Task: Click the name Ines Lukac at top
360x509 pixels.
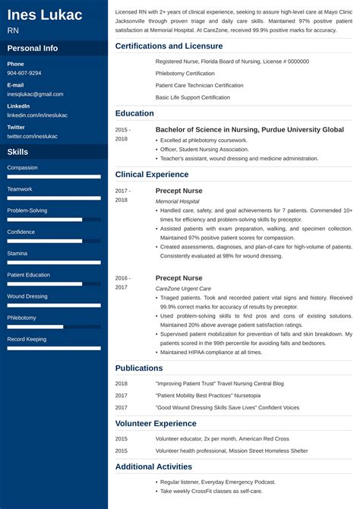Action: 45,15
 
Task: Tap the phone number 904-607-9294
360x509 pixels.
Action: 24,73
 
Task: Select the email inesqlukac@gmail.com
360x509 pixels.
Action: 35,94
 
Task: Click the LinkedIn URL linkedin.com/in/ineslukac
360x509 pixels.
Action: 37,115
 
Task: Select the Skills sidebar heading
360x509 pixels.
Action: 17,152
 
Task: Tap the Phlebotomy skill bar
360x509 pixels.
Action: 54,327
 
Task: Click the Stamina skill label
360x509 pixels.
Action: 17,253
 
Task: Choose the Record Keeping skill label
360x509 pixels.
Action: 27,339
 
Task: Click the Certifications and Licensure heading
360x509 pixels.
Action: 169,46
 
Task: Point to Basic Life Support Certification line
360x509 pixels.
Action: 192,97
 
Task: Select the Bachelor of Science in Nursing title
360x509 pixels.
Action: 249,130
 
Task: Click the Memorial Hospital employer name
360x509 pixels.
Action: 177,201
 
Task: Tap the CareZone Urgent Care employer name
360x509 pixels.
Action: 183,289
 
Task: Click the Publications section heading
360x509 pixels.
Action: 139,368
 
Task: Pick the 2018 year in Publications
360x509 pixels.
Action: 122,384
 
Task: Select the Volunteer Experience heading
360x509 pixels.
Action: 156,423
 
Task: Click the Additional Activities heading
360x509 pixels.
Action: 153,466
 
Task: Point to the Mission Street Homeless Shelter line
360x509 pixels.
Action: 232,451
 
